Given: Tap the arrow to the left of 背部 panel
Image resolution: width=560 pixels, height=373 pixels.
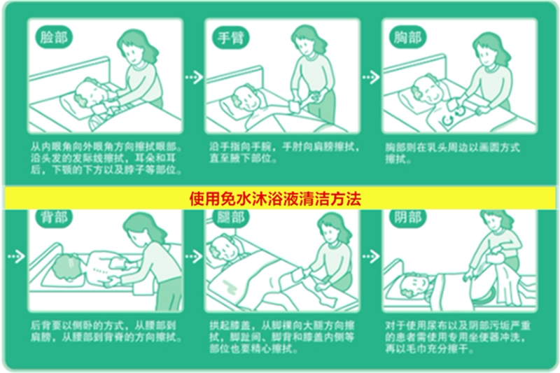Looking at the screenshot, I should [x=15, y=257].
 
